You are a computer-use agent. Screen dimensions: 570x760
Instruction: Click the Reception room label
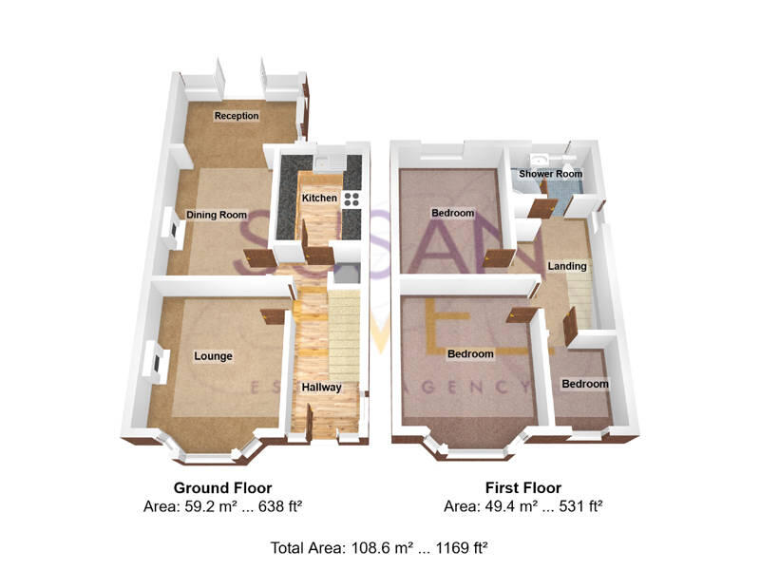(x=237, y=116)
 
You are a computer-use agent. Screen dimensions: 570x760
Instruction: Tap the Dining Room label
(x=217, y=215)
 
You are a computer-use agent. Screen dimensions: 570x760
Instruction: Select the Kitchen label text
(x=319, y=198)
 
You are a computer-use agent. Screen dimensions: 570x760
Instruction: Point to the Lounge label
(x=214, y=356)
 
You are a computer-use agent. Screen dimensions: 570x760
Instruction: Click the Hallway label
(x=321, y=388)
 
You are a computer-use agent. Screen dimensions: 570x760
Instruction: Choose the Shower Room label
(x=550, y=175)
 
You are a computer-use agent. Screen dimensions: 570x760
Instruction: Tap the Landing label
(x=567, y=267)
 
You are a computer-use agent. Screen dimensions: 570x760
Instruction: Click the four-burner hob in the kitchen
(x=351, y=199)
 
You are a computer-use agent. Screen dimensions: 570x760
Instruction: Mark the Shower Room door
(x=542, y=209)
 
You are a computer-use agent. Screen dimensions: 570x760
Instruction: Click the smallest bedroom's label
(x=584, y=384)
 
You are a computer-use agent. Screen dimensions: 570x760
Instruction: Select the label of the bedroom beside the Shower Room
(x=452, y=213)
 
